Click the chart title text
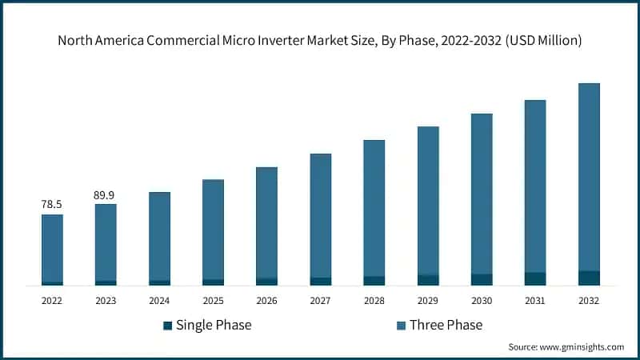point(320,41)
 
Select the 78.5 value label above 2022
point(52,205)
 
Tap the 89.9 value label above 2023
point(106,194)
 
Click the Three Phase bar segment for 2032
point(589,176)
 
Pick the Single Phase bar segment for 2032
point(589,278)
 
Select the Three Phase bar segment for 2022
point(52,248)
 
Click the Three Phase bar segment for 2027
point(320,215)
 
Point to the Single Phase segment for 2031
point(535,278)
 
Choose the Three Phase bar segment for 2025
point(213,229)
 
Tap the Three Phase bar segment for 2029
point(428,200)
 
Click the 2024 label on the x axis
point(159,301)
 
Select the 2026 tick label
point(266,301)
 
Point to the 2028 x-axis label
point(374,301)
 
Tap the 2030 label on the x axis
point(482,301)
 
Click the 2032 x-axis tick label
point(589,301)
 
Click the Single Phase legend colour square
point(167,325)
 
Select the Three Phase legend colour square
point(401,325)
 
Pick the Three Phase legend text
point(446,325)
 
